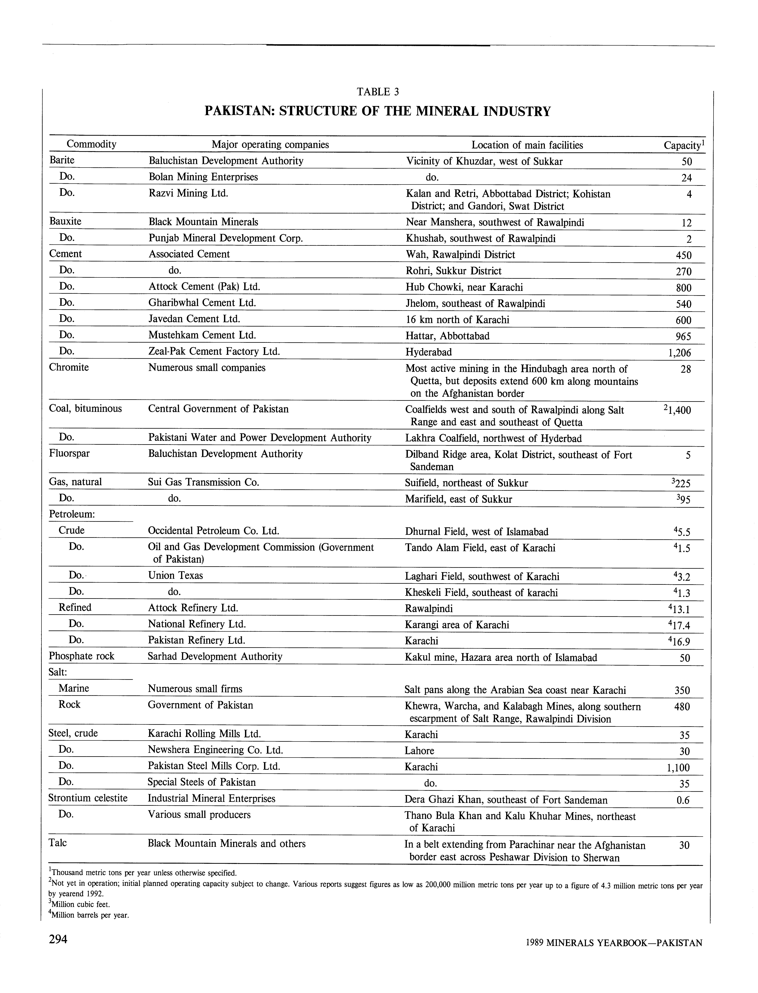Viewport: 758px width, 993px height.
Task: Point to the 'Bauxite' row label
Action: point(65,221)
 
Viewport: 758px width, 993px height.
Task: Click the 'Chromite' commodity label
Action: point(69,367)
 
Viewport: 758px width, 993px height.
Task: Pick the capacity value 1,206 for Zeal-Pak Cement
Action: point(679,353)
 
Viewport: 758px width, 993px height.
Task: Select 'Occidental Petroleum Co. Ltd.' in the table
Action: point(213,531)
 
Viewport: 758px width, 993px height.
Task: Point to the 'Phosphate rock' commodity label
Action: point(82,656)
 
